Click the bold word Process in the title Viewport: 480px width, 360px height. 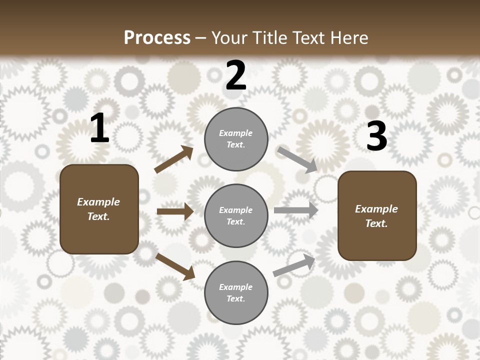157,37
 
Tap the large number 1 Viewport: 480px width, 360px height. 99,128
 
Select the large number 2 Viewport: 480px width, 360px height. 235,75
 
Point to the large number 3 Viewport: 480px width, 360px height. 376,136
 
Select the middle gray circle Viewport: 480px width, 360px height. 236,215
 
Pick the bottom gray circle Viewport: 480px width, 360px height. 236,292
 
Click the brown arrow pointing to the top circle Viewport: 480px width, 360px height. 174,160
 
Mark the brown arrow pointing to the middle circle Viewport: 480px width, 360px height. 175,211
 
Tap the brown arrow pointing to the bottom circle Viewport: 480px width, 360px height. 175,266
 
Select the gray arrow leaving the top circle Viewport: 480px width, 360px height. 297,159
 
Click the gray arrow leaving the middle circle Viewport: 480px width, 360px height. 295,210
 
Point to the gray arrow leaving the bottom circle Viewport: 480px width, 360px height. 294,265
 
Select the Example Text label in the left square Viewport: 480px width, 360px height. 98,209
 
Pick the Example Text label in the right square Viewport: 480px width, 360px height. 376,216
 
